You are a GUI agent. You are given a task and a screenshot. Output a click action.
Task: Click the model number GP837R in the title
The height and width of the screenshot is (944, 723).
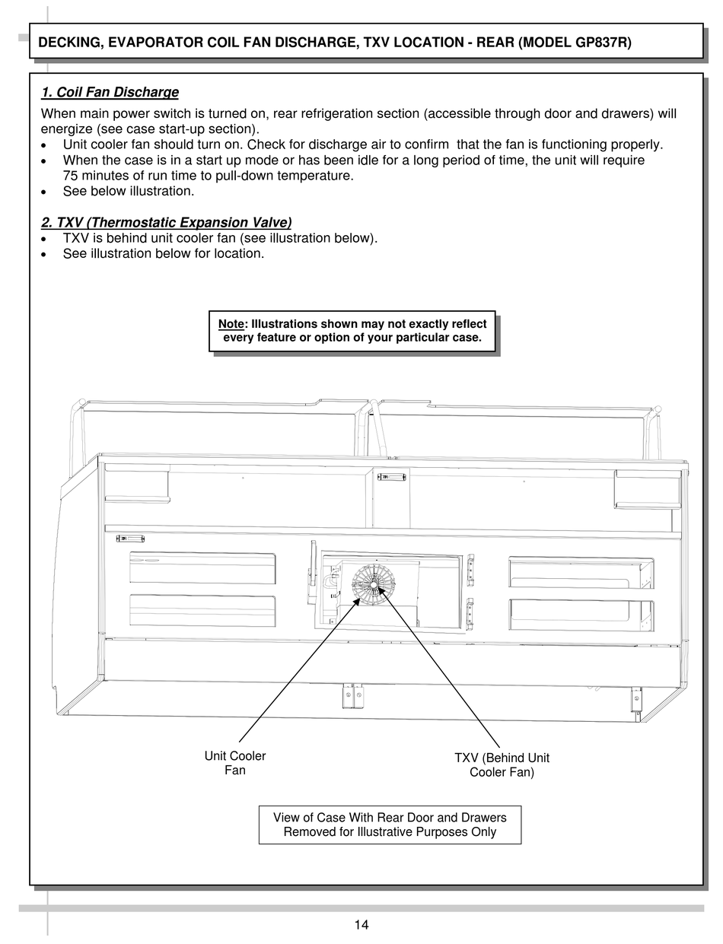601,43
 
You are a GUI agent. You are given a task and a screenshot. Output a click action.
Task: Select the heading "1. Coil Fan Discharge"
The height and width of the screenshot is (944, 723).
110,92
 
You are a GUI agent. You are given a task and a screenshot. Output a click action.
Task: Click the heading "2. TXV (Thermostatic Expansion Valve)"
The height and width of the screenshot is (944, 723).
166,222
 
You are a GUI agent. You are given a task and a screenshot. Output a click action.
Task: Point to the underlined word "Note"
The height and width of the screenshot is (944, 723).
231,324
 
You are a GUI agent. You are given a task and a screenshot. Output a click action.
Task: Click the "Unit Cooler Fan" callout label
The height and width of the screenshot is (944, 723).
235,763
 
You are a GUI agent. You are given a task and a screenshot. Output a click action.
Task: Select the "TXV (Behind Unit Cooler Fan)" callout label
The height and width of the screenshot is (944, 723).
502,764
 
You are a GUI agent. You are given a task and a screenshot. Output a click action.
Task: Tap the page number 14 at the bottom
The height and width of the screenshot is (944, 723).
361,925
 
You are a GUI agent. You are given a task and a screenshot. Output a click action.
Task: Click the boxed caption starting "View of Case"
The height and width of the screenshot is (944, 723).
390,825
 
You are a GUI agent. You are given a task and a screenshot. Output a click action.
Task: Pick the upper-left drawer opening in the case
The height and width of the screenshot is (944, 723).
202,568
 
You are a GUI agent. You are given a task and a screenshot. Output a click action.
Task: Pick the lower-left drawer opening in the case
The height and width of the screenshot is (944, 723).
202,611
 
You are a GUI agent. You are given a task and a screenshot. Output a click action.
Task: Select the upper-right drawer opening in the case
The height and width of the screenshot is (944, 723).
581,573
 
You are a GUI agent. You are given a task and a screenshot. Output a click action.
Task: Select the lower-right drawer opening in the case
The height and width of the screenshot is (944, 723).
581,615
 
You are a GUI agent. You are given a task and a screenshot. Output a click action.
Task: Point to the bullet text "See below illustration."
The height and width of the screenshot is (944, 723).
129,191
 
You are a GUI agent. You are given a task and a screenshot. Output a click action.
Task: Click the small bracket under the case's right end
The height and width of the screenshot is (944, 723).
635,698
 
